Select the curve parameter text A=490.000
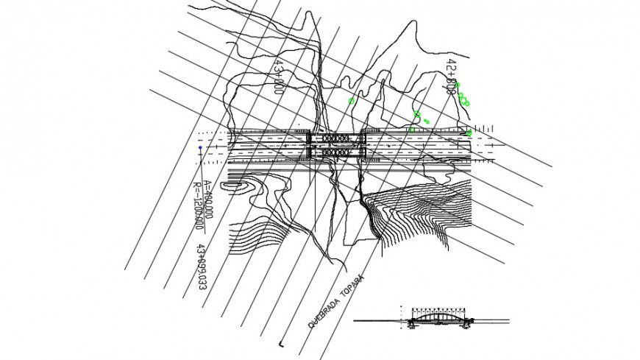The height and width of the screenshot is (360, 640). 208,200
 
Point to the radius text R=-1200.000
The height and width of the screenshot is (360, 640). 196,206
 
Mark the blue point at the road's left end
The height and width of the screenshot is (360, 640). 199,148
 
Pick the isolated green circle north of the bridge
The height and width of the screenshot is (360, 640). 352,101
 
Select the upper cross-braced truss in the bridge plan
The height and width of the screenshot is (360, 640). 335,138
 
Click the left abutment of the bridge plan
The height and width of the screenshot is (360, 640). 310,145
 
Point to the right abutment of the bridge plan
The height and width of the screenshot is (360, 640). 363,145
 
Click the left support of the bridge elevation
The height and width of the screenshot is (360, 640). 413,321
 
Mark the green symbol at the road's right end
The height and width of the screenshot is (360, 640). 469,133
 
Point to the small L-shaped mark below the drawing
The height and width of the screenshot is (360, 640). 282,343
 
